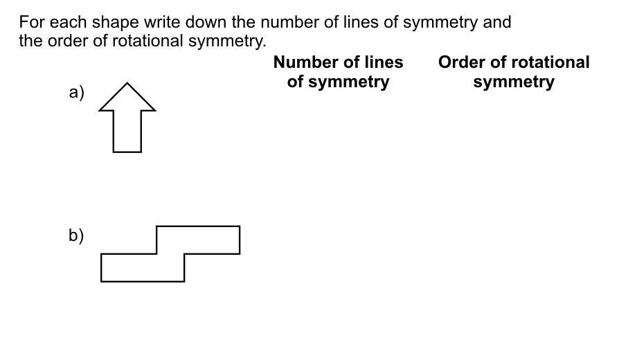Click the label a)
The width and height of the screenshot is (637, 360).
(x=76, y=92)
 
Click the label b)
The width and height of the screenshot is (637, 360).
(x=76, y=235)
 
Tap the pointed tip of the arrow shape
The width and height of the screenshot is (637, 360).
(x=127, y=83)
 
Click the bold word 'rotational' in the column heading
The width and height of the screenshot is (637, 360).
(x=550, y=62)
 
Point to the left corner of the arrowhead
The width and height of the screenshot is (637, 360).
(x=100, y=109)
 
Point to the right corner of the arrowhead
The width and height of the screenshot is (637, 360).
(x=155, y=109)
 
